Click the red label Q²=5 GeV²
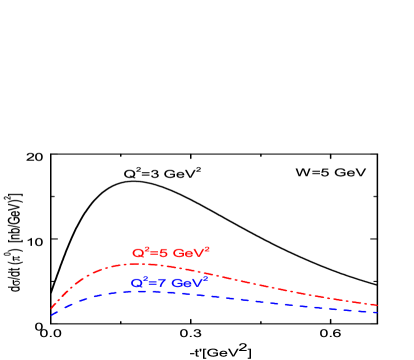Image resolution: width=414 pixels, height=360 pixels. [x=170, y=253]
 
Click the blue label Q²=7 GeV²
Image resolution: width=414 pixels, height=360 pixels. [x=169, y=283]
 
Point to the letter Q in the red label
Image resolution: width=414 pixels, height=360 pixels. [x=138, y=254]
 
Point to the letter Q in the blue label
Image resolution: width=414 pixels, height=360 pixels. [x=137, y=284]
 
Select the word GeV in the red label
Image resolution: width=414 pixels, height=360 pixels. [x=187, y=254]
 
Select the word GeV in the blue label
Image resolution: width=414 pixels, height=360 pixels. [x=186, y=284]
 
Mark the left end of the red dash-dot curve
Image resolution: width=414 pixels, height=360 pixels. [x=51, y=308]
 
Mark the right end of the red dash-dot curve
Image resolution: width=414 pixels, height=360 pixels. [x=377, y=305]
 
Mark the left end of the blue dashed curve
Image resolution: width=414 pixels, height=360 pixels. [x=51, y=314]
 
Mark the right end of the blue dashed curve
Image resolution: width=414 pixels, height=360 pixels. [x=377, y=312]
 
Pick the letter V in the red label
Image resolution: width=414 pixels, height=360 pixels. [x=197, y=254]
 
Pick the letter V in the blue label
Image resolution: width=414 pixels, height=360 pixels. [x=196, y=284]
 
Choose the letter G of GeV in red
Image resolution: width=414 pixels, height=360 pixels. [x=177, y=254]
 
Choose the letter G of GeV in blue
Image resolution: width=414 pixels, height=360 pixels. [x=176, y=284]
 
